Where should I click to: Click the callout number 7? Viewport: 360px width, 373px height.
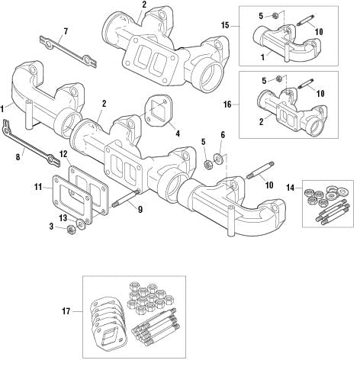tap(65, 31)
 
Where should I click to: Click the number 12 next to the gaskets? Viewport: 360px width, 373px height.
tap(63, 154)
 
